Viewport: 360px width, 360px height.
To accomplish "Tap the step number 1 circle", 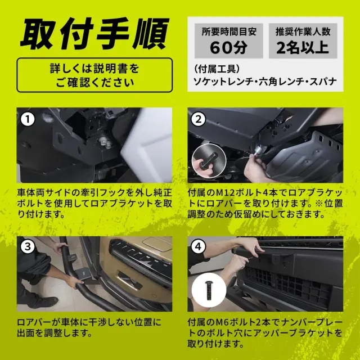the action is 28,119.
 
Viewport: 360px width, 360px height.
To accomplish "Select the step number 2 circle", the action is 199,119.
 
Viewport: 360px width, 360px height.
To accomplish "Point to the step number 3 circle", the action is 28,247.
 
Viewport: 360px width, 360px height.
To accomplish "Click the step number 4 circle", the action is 199,247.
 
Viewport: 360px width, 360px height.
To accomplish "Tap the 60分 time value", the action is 229,47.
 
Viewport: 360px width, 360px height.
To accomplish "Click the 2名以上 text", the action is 303,47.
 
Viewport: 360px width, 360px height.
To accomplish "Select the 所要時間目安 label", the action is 229,31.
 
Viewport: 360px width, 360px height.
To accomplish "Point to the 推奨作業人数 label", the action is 303,31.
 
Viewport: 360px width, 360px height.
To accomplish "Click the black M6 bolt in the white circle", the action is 209,290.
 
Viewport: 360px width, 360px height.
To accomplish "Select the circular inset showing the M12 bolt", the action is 209,161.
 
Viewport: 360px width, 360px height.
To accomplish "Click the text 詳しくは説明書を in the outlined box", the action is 94,69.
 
